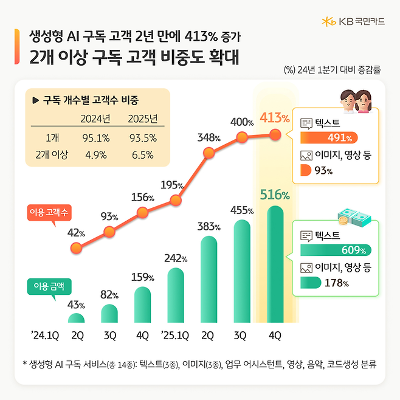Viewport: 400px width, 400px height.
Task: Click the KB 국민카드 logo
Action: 354,22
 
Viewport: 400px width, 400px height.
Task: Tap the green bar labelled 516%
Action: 275,264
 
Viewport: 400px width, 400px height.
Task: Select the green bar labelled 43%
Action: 77,319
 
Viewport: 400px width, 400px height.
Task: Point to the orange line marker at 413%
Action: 275,134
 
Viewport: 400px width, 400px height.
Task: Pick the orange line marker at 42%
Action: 77,248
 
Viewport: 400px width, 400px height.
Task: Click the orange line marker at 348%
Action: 209,154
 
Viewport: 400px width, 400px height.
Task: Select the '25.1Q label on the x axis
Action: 176,335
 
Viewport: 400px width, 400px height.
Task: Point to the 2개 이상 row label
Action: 51,154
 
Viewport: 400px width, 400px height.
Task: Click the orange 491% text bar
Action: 329,136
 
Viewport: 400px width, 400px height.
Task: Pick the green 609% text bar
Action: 335,249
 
